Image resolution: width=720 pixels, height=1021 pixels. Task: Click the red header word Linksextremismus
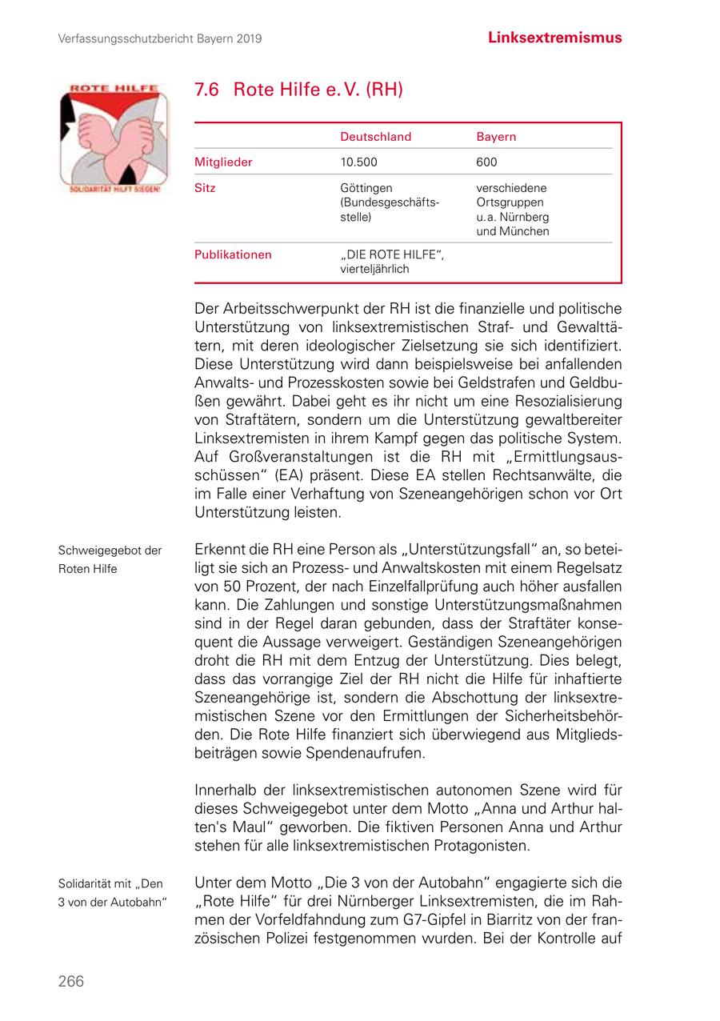554,38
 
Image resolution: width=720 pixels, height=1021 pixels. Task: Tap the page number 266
70,982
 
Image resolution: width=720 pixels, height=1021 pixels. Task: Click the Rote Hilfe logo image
112,139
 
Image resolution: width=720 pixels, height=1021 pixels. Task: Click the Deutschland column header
375,137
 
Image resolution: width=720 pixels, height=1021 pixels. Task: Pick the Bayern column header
496,137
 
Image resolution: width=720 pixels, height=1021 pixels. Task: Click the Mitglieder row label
223,162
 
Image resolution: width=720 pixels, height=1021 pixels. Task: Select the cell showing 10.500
358,162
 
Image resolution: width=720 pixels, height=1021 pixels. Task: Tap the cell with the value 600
486,162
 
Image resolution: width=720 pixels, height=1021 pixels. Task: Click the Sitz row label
205,188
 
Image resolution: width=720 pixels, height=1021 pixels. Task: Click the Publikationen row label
233,255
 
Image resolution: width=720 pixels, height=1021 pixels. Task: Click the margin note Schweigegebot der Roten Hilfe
110,559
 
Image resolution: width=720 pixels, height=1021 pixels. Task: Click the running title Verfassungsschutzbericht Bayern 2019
160,38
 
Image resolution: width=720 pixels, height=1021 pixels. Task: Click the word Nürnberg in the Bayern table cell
522,217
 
